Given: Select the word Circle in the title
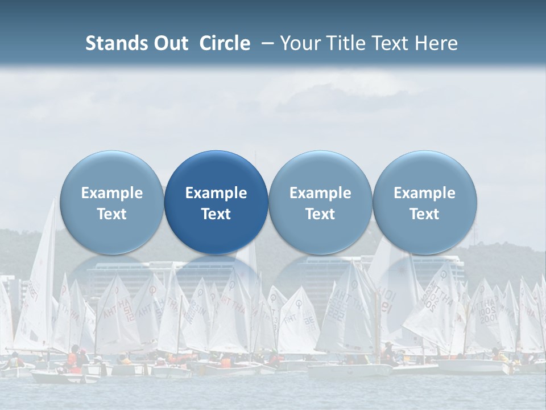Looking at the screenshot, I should (x=225, y=43).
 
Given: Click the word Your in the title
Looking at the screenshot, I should (x=299, y=43).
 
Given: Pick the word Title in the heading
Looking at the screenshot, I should (x=342, y=43).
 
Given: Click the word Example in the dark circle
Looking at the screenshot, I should (x=216, y=193).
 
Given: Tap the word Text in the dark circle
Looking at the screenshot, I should (x=216, y=214).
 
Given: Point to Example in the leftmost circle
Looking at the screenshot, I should (x=112, y=193).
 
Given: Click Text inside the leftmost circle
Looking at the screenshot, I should (x=112, y=214).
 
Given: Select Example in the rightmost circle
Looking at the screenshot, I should (x=424, y=193).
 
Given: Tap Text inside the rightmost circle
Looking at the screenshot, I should (x=424, y=214).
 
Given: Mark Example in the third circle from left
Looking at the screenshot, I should (x=320, y=193).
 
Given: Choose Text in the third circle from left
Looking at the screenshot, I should (x=320, y=214).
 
